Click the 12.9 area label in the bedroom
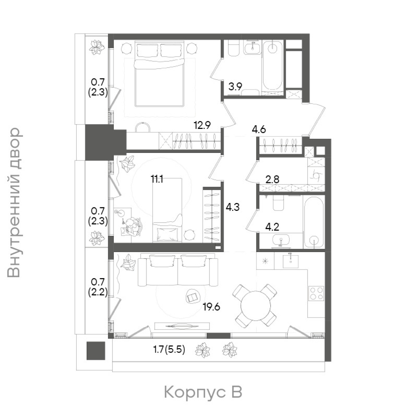click(x=202, y=126)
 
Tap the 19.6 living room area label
click(x=211, y=307)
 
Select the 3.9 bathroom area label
click(x=235, y=87)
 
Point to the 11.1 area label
click(x=157, y=180)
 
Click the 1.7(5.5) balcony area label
click(x=169, y=350)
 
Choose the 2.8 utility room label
click(x=272, y=180)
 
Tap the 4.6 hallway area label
click(x=259, y=129)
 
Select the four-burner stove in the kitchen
click(x=316, y=293)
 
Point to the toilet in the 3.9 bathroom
click(x=234, y=48)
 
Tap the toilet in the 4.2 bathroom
click(x=278, y=203)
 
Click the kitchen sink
click(x=291, y=261)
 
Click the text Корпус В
click(x=203, y=392)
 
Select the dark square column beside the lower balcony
click(x=96, y=351)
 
